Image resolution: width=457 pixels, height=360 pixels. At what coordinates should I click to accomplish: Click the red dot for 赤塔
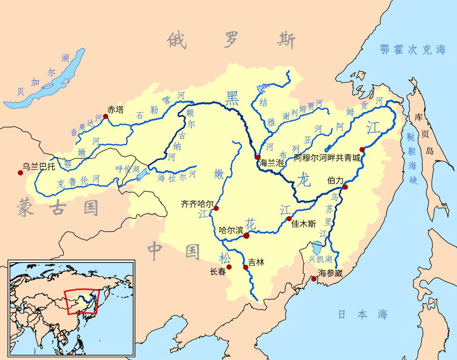point(105,116)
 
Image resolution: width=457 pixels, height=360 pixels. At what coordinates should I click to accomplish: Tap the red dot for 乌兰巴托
point(20,173)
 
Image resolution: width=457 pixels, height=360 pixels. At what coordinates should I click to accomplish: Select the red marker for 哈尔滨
point(246,236)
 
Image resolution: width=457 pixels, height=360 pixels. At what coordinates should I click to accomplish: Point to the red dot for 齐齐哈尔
point(216,208)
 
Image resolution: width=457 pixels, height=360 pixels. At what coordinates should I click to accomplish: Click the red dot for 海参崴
point(314,279)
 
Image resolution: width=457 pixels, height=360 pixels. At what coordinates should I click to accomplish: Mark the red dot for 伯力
point(345,187)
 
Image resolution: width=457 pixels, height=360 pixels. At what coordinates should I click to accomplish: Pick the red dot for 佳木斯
point(289,219)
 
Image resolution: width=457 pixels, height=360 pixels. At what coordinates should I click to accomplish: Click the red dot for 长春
point(229,267)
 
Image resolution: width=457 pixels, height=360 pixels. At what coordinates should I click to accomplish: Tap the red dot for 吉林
point(246,267)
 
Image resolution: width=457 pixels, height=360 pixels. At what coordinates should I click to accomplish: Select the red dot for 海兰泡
point(257,158)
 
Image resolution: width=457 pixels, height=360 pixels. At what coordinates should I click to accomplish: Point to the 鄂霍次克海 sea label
point(413,50)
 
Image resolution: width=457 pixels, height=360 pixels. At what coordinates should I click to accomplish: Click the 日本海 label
point(362,315)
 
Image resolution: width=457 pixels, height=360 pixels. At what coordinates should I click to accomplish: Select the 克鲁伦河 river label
point(79,181)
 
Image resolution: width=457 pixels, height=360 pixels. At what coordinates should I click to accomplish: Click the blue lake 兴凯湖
point(317,247)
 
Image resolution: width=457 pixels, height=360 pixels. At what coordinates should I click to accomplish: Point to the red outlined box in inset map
point(82,301)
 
